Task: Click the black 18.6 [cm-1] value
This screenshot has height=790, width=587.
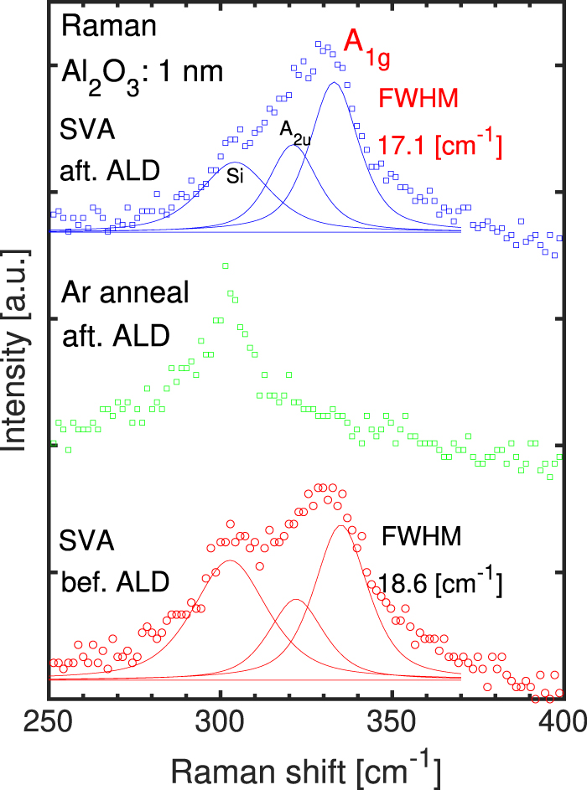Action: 440,581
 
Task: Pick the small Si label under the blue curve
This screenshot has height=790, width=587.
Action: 236,174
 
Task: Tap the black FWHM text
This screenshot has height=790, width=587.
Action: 422,536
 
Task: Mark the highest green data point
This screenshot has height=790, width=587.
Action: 225,266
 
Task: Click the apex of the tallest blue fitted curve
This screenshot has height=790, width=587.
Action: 334,83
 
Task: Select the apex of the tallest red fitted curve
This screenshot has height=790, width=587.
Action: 340,526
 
